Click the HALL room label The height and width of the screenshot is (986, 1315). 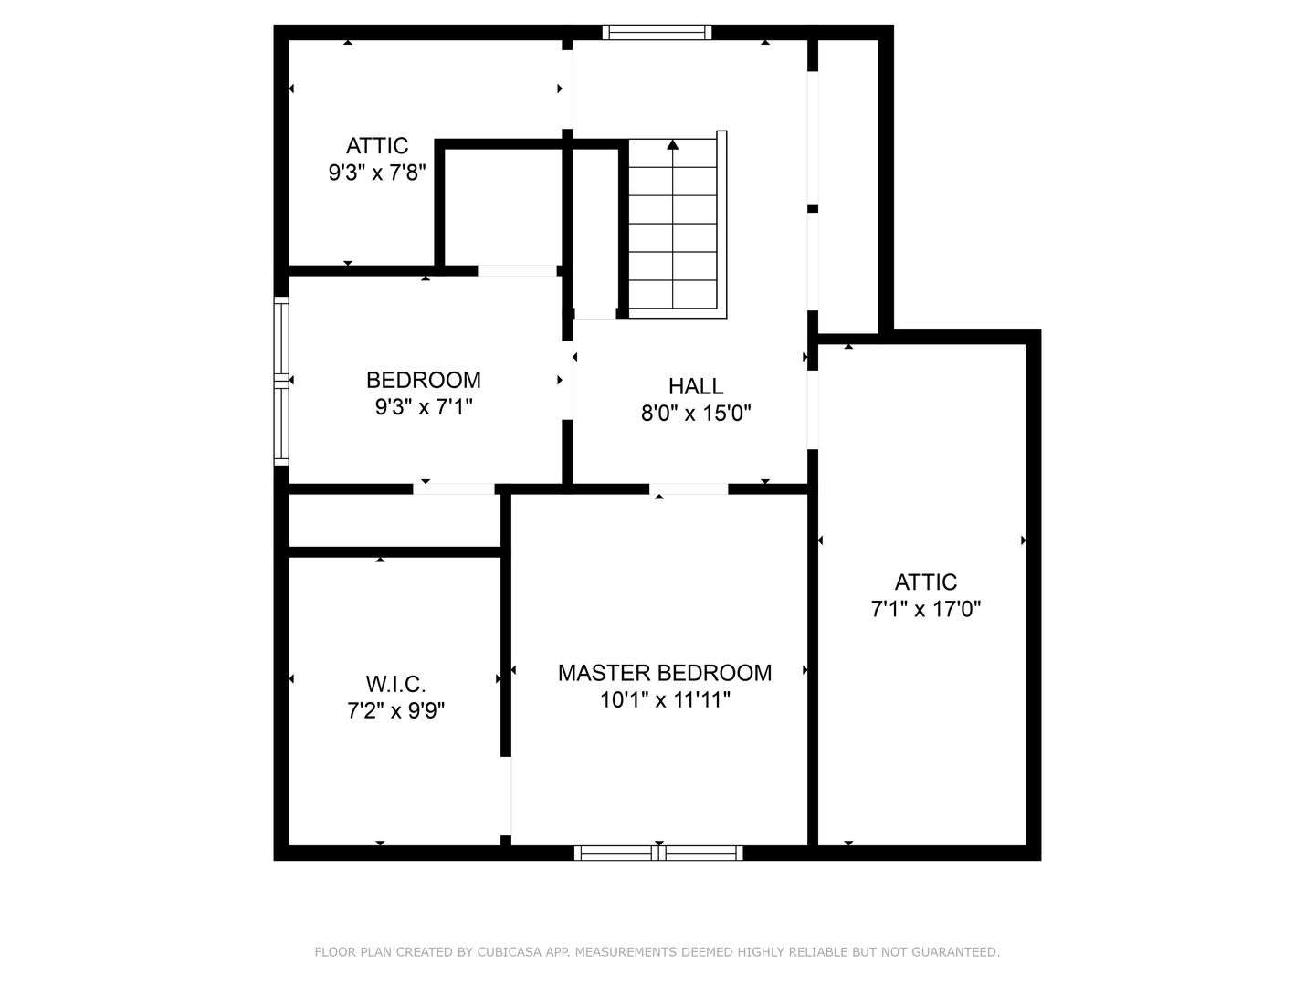pyautogui.click(x=696, y=386)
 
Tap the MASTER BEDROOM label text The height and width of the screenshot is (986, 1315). pyautogui.click(x=665, y=673)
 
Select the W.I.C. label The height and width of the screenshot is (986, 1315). pyautogui.click(x=395, y=684)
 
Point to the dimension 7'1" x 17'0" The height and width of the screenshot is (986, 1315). pyautogui.click(x=926, y=610)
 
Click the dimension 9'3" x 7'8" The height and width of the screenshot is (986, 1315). pyautogui.click(x=377, y=173)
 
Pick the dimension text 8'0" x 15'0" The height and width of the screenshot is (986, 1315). pyautogui.click(x=696, y=413)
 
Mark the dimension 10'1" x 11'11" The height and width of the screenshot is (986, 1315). pyautogui.click(x=665, y=699)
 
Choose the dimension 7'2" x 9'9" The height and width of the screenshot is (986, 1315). pyautogui.click(x=395, y=710)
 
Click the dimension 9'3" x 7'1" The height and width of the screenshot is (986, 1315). pyautogui.click(x=424, y=407)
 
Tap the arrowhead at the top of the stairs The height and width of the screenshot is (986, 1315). pyautogui.click(x=673, y=144)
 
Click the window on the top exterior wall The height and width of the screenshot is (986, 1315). pyautogui.click(x=657, y=32)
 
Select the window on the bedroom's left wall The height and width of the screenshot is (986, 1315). pyautogui.click(x=281, y=381)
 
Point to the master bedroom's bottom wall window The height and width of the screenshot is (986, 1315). pyautogui.click(x=658, y=853)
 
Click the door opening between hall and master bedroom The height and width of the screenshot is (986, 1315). pyautogui.click(x=689, y=489)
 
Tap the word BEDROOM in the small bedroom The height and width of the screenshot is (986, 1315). pyautogui.click(x=424, y=380)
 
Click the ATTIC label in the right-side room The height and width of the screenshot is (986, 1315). pyautogui.click(x=926, y=582)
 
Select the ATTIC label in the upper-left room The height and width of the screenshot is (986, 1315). pyautogui.click(x=377, y=145)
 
